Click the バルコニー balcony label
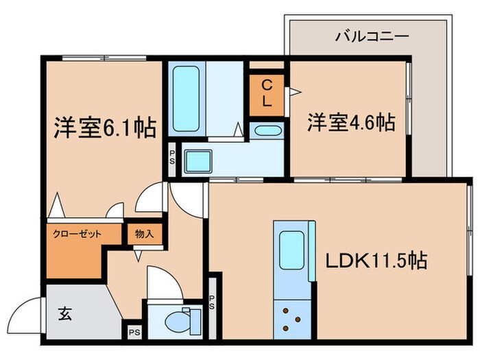click(372, 36)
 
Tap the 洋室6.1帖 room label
click(105, 128)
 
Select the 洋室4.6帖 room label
click(350, 123)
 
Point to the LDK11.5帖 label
click(377, 261)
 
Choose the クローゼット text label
click(77, 234)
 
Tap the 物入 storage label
click(144, 233)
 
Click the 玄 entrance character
click(65, 315)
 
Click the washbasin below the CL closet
click(266, 131)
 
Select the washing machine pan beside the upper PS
click(201, 163)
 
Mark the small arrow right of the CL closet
click(293, 90)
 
